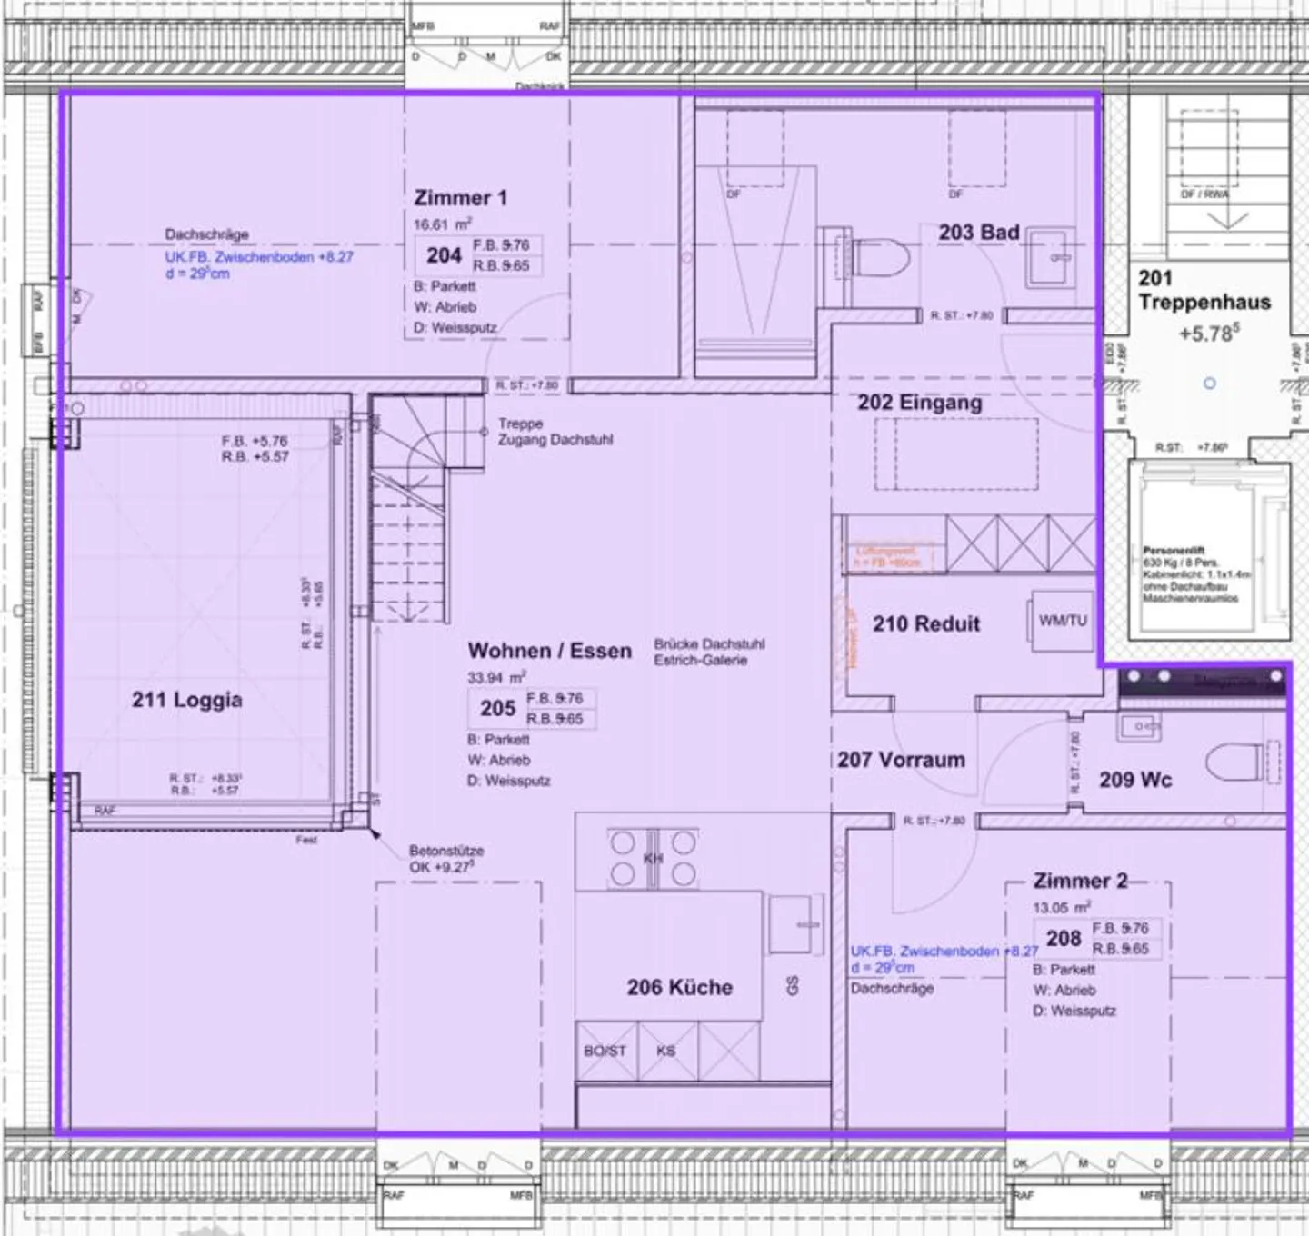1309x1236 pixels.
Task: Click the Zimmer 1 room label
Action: (460, 197)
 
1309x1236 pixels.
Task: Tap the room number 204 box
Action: (444, 255)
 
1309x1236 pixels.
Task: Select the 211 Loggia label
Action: (186, 699)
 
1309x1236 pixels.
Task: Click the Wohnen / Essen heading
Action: (549, 651)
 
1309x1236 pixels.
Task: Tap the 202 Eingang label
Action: (919, 402)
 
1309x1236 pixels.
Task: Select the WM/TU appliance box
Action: (1063, 621)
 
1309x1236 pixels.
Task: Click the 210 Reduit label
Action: (925, 623)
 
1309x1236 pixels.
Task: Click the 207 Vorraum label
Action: (901, 760)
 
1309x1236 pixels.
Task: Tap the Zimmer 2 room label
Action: (1080, 881)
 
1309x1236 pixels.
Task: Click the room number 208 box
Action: (1063, 938)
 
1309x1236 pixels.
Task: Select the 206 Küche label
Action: (679, 987)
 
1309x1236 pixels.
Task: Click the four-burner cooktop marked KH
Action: (653, 859)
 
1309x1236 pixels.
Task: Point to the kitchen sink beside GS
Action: (795, 925)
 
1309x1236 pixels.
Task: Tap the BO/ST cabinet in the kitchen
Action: (605, 1051)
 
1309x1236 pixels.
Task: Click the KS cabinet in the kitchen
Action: (667, 1051)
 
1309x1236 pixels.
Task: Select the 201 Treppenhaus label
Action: (1204, 290)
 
